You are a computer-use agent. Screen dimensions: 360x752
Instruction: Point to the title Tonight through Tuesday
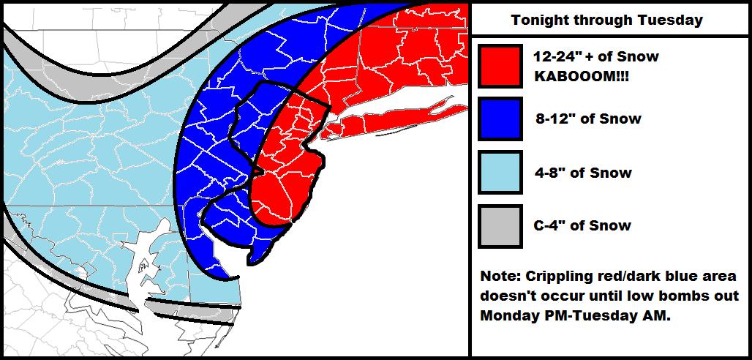[607, 20]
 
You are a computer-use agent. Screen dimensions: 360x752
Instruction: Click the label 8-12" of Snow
[587, 119]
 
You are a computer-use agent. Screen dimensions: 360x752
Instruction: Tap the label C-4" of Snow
[582, 226]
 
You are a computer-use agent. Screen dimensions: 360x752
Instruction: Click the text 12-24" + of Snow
[596, 57]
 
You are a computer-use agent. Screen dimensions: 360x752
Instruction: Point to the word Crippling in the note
[557, 277]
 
